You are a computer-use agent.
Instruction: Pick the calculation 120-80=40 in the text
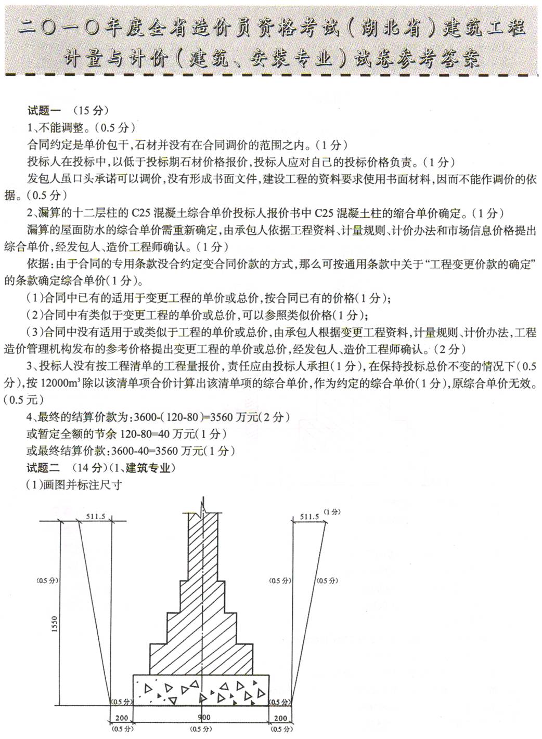[x=147, y=434]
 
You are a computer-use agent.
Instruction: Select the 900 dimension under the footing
[x=204, y=717]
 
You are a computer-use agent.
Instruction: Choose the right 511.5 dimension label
[x=309, y=516]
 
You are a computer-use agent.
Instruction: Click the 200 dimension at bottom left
[x=121, y=718]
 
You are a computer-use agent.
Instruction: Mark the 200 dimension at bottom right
[x=280, y=718]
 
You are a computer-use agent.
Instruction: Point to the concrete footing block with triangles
[x=201, y=690]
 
